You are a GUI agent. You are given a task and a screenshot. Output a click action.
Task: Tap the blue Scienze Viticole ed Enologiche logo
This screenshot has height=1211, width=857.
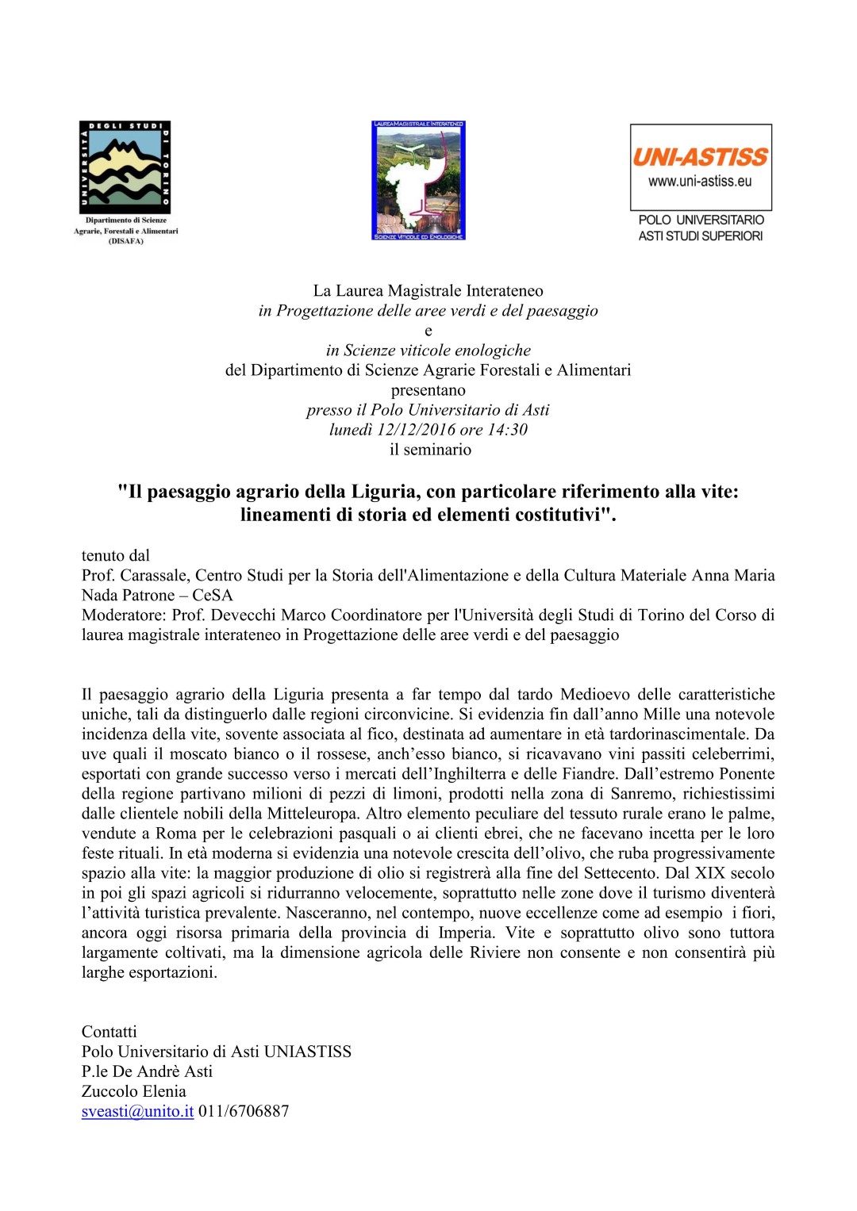(418, 180)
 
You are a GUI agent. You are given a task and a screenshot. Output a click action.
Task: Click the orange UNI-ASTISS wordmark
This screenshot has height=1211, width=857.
(700, 156)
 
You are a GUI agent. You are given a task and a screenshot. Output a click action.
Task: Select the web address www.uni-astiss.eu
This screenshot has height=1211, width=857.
(700, 182)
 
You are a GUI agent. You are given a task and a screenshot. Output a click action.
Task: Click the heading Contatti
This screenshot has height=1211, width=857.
(110, 1032)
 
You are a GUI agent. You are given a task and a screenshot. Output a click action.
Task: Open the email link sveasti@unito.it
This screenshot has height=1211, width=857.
(138, 1111)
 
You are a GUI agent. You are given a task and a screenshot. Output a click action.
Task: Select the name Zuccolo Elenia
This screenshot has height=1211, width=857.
(134, 1091)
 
